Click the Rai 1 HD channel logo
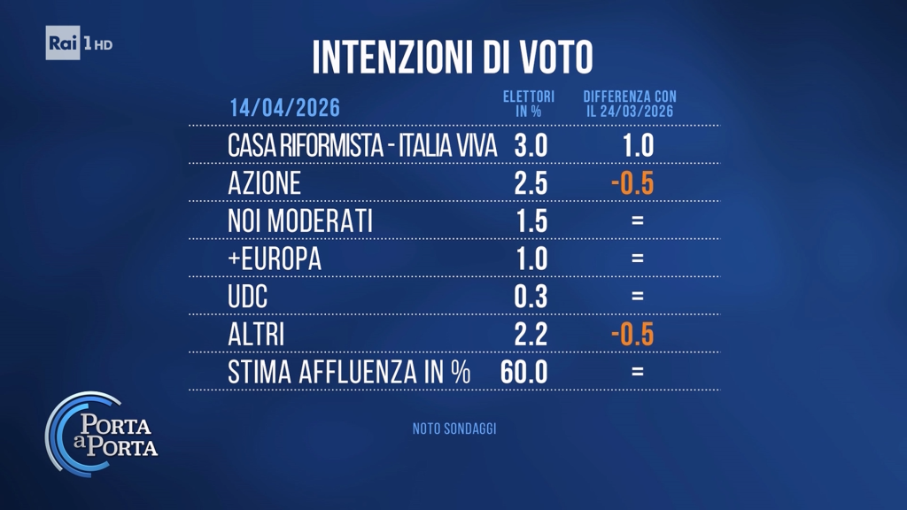79,43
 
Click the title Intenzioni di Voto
453,57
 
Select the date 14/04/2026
284,108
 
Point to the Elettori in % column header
529,104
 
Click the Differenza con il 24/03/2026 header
630,104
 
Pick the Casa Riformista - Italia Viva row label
362,145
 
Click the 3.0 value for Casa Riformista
531,145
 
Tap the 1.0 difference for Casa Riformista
632,145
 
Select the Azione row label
265,183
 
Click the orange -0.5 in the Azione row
632,183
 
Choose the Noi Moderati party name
300,220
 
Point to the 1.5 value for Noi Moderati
531,220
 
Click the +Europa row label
275,259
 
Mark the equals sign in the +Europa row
637,259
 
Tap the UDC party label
248,297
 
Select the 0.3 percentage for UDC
531,297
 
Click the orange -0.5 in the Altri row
632,334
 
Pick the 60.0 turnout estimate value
523,372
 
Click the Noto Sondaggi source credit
453,429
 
